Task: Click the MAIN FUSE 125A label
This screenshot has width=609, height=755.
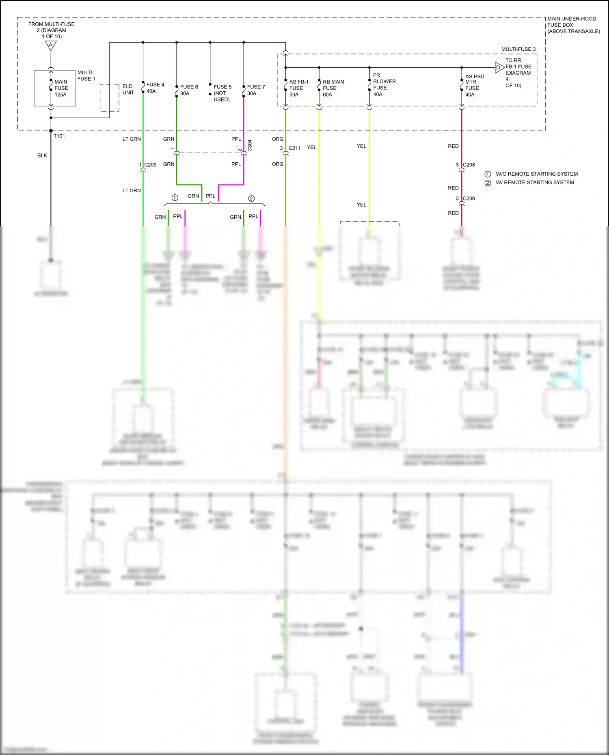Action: coord(61,88)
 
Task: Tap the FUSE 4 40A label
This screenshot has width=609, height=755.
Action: coord(155,88)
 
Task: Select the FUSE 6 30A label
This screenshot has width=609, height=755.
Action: coord(189,90)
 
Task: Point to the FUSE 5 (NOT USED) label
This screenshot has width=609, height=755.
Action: coord(222,93)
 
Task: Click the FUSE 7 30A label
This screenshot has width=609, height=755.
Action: coord(256,90)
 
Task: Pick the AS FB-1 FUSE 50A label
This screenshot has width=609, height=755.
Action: coord(298,88)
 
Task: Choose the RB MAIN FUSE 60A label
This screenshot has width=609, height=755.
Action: coord(333,88)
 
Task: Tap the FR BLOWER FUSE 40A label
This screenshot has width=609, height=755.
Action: coord(384,85)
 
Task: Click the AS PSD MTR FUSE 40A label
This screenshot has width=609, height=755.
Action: coord(474,85)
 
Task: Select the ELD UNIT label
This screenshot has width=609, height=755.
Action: coord(128,89)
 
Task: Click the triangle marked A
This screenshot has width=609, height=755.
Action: coord(51,45)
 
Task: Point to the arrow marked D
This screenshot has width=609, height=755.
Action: coord(499,68)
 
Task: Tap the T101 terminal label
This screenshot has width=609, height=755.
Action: coord(59,136)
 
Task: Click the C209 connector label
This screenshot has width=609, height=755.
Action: coord(150,165)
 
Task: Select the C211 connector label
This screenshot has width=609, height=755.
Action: coord(294,148)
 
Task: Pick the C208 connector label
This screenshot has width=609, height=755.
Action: coord(469,165)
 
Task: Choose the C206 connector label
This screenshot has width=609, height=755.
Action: coord(469,198)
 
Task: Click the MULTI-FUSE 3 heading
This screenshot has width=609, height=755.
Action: coord(518,49)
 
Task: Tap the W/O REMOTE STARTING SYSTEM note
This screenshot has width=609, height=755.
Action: coord(536,174)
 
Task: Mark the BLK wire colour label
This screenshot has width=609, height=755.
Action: coord(42,155)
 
